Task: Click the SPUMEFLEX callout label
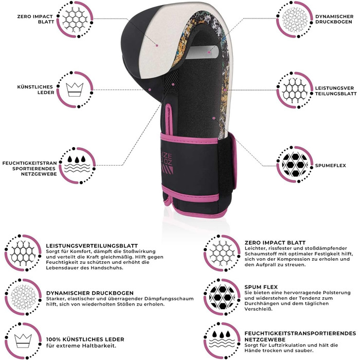tap(330, 166)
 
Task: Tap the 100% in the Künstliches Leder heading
tap(53, 339)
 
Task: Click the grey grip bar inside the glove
tap(202, 52)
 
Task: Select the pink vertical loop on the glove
tap(169, 119)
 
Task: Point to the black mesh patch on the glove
tap(172, 83)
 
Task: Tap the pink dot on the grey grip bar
tap(209, 52)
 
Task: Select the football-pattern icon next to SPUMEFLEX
tap(295, 165)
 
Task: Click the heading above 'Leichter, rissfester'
tap(275, 243)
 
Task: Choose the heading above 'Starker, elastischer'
tap(90, 293)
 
